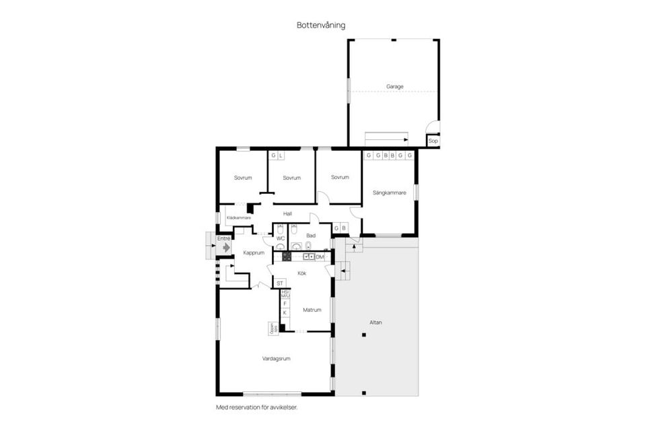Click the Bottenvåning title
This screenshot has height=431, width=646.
pyautogui.click(x=321, y=25)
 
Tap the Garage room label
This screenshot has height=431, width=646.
pyautogui.click(x=394, y=86)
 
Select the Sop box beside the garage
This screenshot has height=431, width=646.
pyautogui.click(x=433, y=141)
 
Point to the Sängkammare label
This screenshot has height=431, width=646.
pyautogui.click(x=389, y=193)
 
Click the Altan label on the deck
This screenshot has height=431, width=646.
pyautogui.click(x=375, y=323)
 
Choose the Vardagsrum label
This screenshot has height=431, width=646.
pyautogui.click(x=276, y=359)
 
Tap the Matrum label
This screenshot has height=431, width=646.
pyautogui.click(x=312, y=310)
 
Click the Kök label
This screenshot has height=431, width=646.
pyautogui.click(x=302, y=273)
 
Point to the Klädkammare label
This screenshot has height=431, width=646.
pyautogui.click(x=238, y=218)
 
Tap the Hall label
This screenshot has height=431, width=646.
pyautogui.click(x=287, y=213)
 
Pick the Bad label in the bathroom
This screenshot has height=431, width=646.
pyautogui.click(x=310, y=235)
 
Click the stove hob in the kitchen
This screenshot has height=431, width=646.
pyautogui.click(x=286, y=257)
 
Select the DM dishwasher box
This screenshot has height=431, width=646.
pyautogui.click(x=320, y=257)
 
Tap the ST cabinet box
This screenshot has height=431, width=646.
pyautogui.click(x=280, y=283)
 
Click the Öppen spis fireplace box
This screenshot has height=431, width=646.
pyautogui.click(x=273, y=329)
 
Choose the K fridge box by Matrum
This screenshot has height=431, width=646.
pyautogui.click(x=285, y=313)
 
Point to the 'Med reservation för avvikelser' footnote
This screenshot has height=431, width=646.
pyautogui.click(x=256, y=407)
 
